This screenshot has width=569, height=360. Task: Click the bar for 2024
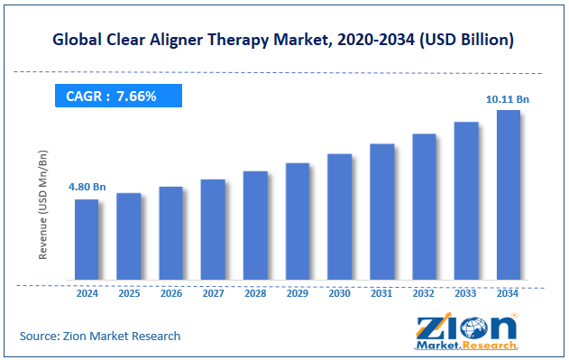[x=86, y=239]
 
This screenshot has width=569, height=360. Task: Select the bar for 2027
[x=213, y=229]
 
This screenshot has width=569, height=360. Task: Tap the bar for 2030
[x=339, y=217]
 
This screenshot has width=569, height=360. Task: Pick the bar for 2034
[x=508, y=195]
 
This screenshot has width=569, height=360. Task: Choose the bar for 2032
[x=424, y=207]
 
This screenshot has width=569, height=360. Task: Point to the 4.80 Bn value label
[x=87, y=187]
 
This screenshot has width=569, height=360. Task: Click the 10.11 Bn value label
[x=509, y=98]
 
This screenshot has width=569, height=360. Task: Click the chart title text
[x=284, y=40]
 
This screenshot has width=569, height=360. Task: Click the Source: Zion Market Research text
[x=100, y=336]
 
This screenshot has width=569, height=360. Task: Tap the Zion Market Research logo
[x=465, y=330]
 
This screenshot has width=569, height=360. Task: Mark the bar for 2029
[x=298, y=221]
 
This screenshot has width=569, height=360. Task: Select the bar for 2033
[x=466, y=200]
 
